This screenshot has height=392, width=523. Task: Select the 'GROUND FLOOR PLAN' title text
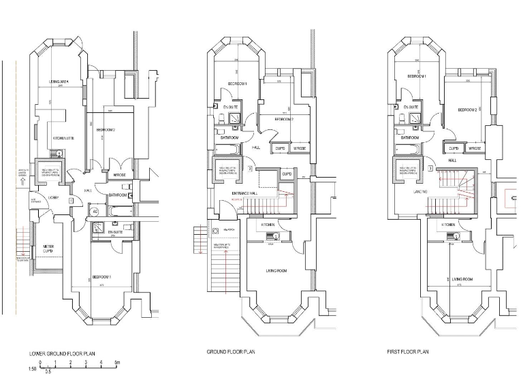pos(231,352)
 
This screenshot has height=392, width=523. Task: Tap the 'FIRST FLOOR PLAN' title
pos(407,352)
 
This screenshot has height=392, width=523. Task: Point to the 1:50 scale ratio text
pos(32,370)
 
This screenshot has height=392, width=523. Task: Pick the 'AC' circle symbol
pos(95,211)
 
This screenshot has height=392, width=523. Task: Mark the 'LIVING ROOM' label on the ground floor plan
pos(276,271)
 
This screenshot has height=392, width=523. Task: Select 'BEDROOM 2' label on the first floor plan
pos(466,110)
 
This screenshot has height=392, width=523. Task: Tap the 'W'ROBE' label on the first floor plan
pos(475,148)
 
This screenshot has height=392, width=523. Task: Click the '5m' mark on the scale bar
pos(118,363)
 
